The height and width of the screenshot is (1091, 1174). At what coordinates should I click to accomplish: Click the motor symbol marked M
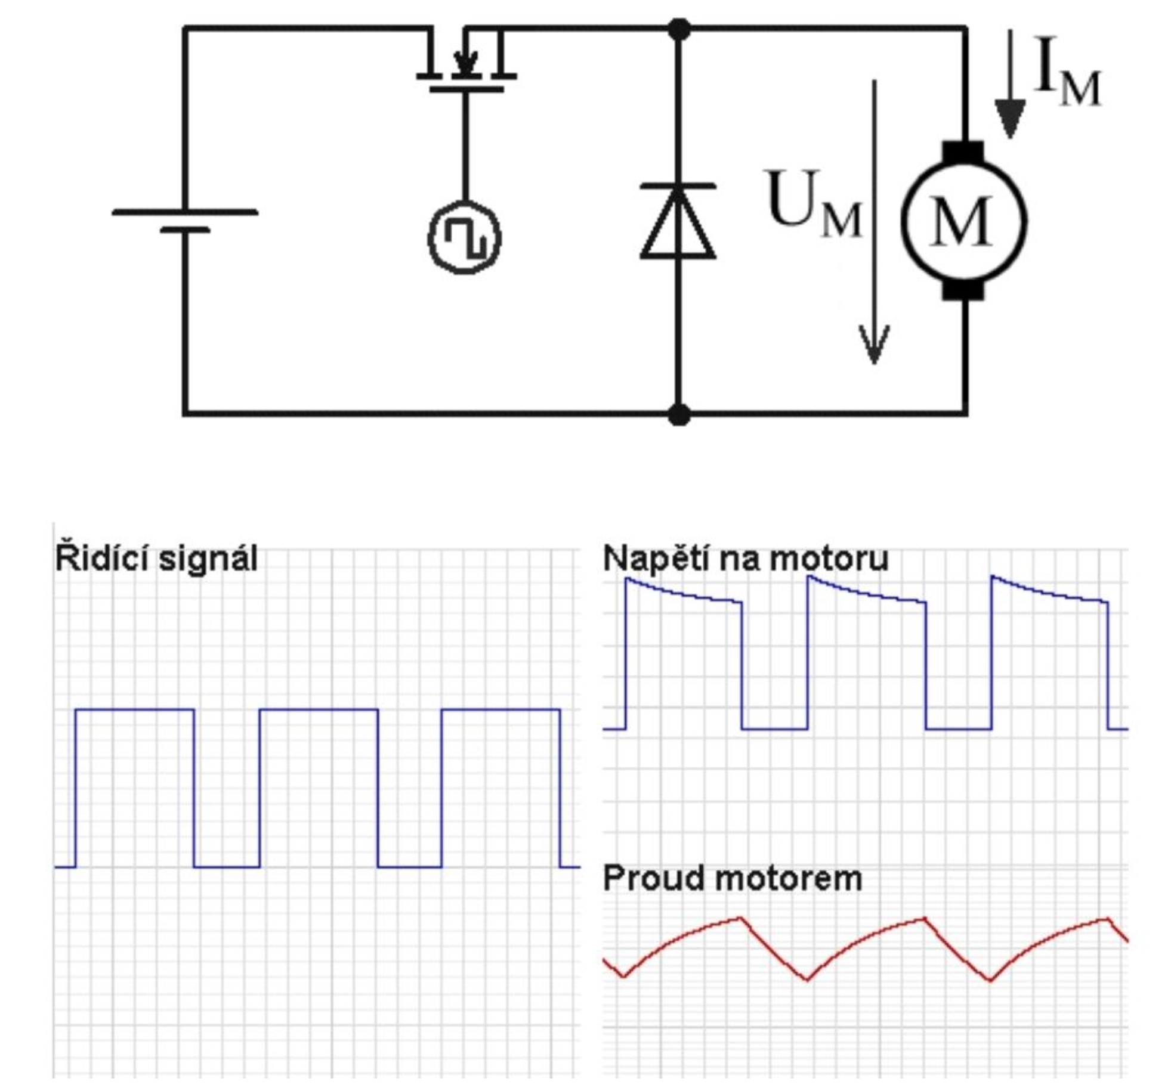963,221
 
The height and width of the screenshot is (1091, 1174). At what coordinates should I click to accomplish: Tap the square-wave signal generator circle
465,237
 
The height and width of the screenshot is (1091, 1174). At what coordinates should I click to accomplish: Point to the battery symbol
185,220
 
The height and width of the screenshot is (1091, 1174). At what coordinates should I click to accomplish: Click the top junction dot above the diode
679,29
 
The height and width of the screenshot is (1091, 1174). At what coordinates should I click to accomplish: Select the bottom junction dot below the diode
679,414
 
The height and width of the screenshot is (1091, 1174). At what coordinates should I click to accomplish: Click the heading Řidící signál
156,559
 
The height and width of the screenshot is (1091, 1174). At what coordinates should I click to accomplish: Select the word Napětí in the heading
653,559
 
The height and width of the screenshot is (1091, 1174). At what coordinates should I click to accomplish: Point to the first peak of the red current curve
740,918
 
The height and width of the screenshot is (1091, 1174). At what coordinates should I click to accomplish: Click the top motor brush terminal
963,151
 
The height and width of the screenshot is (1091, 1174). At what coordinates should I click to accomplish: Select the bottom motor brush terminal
963,290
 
